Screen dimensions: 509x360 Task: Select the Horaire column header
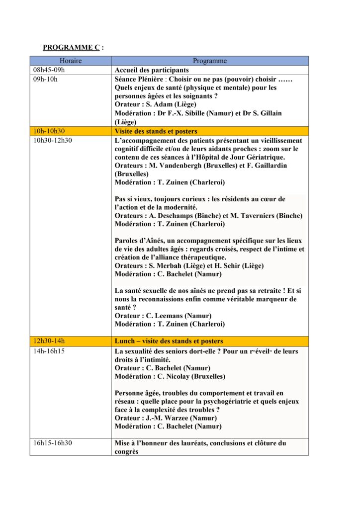coord(70,61)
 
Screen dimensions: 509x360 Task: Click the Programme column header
coord(209,61)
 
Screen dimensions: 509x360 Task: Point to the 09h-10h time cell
coord(45,79)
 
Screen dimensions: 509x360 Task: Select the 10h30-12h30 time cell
coord(52,141)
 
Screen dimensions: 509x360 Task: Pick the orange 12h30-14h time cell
coord(49,341)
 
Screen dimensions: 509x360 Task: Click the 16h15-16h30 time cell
coord(52,443)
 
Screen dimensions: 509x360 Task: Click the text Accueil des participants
coord(152,70)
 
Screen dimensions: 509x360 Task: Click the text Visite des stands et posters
coord(156,131)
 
